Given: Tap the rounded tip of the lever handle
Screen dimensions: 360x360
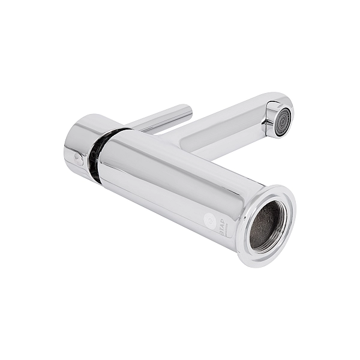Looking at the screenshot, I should pyautogui.click(x=187, y=110).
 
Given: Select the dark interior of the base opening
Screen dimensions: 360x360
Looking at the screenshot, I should pyautogui.click(x=265, y=226).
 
